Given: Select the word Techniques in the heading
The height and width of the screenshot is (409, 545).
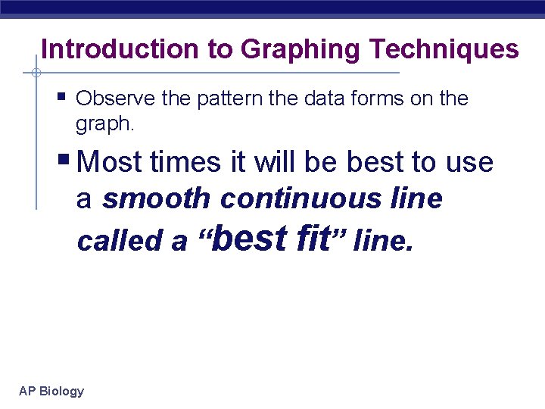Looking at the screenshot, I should click(x=444, y=50).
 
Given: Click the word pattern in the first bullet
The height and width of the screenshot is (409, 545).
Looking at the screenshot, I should click(x=232, y=98).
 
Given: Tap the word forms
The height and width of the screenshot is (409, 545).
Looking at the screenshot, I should click(x=378, y=98).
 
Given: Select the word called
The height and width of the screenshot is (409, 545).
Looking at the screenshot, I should click(x=121, y=241).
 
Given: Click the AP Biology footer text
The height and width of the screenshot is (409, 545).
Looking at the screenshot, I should click(x=51, y=391).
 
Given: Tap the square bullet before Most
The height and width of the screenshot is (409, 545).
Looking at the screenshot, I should click(x=65, y=161).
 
